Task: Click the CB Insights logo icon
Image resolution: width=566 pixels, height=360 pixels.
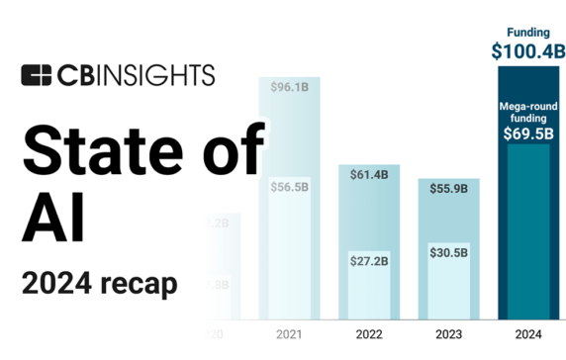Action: (x=36, y=74)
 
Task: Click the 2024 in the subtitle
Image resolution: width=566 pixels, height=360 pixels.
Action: (x=54, y=284)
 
